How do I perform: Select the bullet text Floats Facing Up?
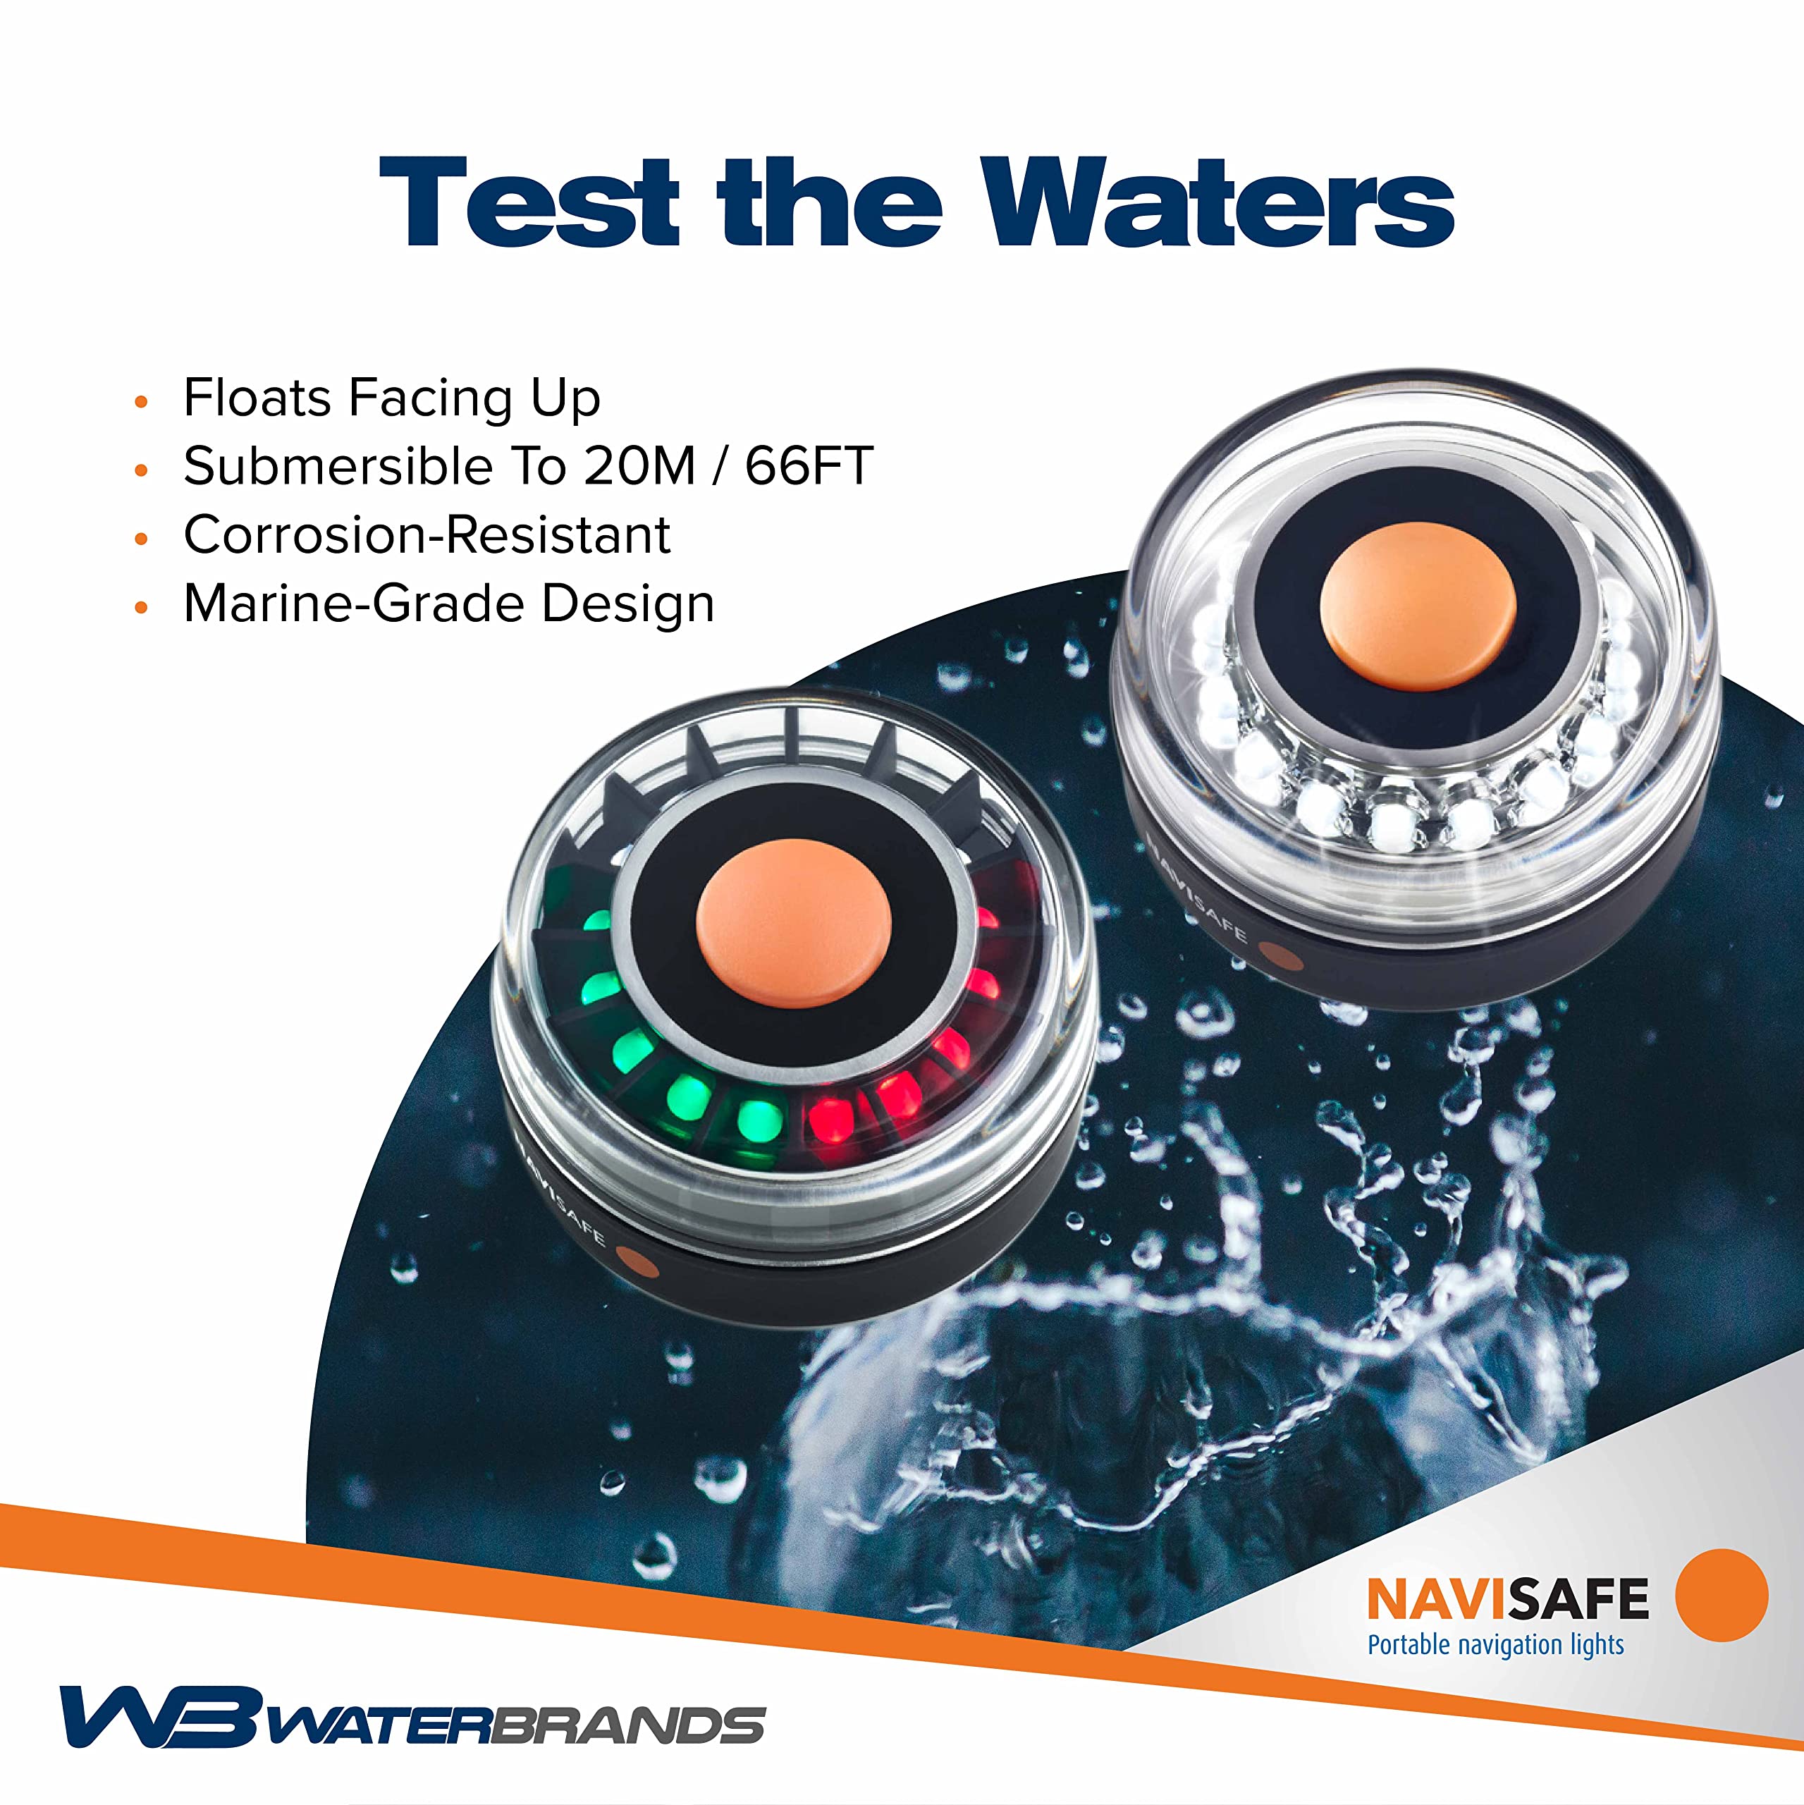pos(391,398)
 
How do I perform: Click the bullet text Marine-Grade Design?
pos(448,604)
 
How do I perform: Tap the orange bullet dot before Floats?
pos(142,403)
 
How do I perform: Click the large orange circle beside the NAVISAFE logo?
pos(1721,1596)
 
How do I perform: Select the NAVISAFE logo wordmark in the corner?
pos(1507,1599)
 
